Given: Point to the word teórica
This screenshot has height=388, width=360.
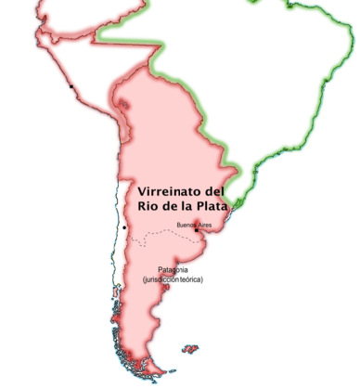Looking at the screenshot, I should coord(192,279).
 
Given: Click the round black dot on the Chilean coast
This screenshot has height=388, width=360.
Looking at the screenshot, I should coord(124,227).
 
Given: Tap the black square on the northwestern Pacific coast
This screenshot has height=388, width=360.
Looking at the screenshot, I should coord(71,87).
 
